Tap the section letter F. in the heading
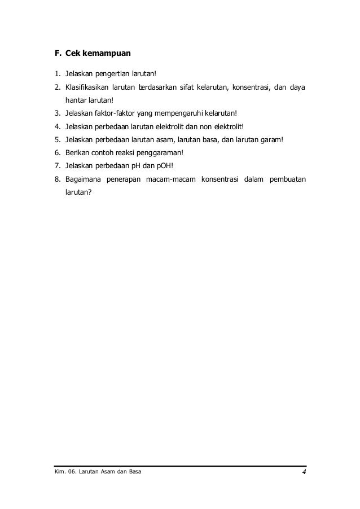(57, 55)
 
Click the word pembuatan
(287, 180)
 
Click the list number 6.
(57, 152)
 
